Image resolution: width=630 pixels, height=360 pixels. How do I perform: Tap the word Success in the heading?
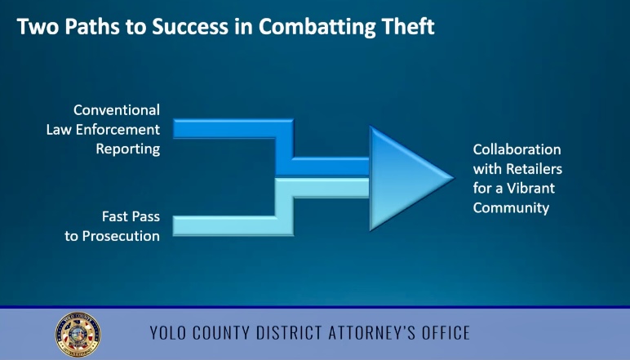coord(190,26)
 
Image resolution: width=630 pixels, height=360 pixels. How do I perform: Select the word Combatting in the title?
coord(317,28)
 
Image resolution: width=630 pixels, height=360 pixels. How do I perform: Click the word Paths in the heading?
coord(92,26)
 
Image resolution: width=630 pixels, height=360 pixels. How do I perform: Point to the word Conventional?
coord(117,110)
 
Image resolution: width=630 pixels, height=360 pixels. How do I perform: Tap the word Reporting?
coord(128,149)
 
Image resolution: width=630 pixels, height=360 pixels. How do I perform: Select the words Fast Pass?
coord(131,216)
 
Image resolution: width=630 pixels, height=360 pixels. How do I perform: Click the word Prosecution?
coord(121,236)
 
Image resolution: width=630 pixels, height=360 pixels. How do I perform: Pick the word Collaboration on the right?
coord(517,149)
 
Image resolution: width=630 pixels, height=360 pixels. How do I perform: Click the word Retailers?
coord(534,169)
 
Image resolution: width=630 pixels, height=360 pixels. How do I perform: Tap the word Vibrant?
coord(530,188)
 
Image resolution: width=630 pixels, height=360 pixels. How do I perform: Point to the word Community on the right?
coord(511,208)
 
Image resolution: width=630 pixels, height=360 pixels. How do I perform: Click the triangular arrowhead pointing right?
coord(406,178)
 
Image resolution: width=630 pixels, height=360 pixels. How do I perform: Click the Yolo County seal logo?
coord(78,335)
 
